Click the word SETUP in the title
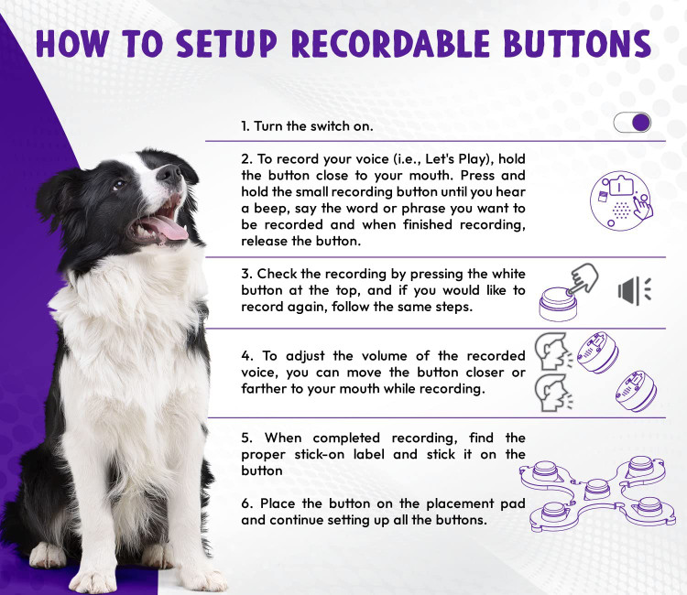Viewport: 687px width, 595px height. (x=226, y=44)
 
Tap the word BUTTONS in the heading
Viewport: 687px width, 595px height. (x=577, y=44)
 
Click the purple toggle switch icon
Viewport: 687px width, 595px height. (x=632, y=122)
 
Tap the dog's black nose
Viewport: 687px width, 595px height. (x=170, y=173)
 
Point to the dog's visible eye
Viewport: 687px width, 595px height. (x=118, y=185)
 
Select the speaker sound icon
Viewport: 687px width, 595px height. (x=635, y=290)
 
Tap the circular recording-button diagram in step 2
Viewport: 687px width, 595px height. (x=621, y=200)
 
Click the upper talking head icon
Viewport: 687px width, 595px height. (x=553, y=352)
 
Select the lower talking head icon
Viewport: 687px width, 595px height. (x=553, y=393)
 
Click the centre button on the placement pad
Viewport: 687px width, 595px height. (x=597, y=488)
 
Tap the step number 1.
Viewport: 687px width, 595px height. (x=245, y=126)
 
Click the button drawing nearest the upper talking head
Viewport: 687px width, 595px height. (x=597, y=352)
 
